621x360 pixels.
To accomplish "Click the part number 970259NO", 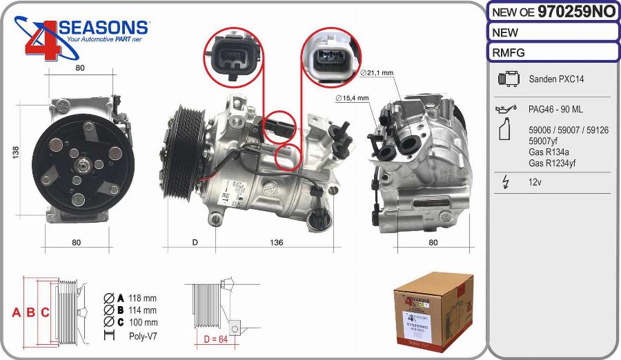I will click(576, 11).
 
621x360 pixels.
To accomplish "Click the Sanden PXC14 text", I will click(556, 79).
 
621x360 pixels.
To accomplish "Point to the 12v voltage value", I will click(534, 182).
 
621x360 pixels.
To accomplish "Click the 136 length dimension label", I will click(275, 243).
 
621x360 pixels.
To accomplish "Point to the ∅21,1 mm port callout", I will click(377, 72).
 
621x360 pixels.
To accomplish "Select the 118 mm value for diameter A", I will click(143, 298).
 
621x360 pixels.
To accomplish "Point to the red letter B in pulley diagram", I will click(31, 312).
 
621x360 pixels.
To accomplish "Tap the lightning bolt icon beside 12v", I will click(506, 183).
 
